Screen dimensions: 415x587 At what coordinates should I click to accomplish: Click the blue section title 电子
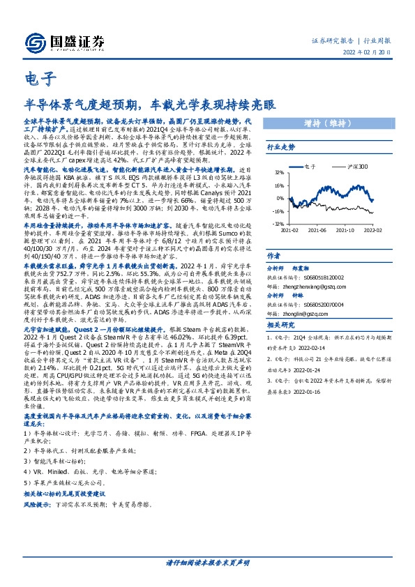pos(34,78)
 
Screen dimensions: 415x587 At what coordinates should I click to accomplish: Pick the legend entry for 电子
pos(307,167)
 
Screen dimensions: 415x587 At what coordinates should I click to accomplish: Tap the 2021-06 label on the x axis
pos(317,230)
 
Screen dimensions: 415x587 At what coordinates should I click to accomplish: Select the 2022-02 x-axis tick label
pos(370,230)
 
